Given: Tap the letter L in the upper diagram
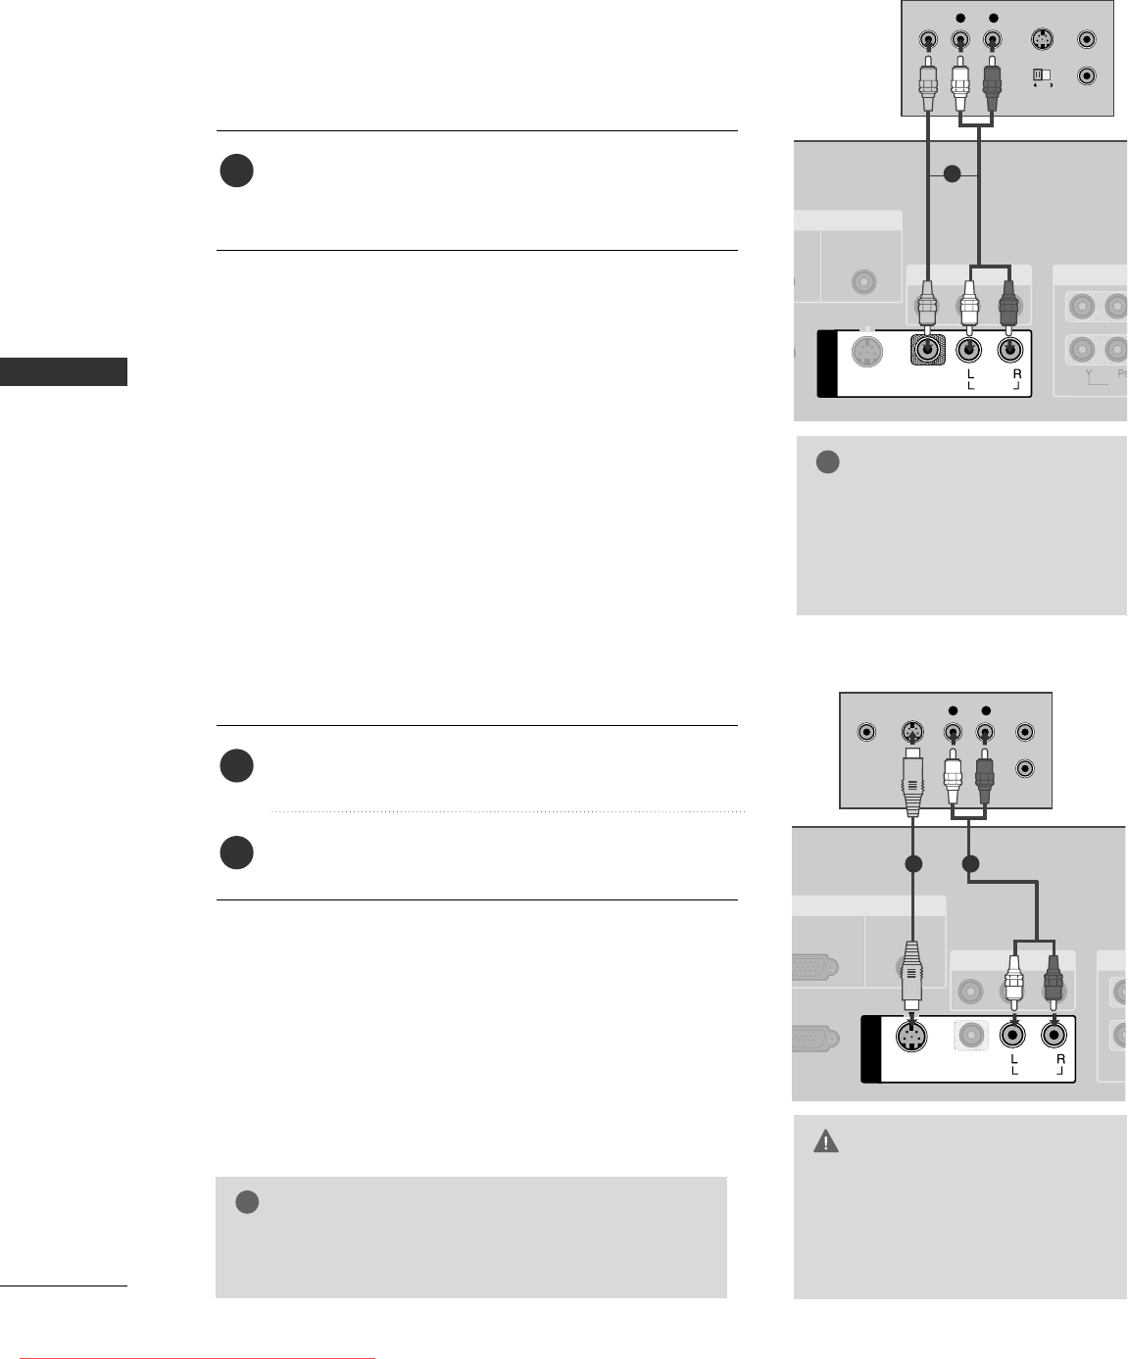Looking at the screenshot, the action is pos(968,374).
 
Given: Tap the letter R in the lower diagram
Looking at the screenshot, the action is pos(1060,1059).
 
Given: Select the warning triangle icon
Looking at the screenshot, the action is pos(826,1142).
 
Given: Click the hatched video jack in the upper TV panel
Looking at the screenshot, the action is pos(926,349).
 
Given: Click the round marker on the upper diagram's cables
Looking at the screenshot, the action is pos(950,174).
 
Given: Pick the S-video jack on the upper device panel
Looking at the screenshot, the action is pos(1042,41).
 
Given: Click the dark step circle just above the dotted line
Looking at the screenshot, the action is pos(236,765).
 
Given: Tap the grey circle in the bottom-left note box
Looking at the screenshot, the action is pos(247,1202).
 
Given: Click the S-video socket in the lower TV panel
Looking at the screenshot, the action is pos(911,1037).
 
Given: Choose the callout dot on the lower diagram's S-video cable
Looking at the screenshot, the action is pos(912,864).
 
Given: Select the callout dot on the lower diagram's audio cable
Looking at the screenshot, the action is pos(969,864).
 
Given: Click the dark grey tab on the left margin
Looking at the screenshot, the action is pos(64,372).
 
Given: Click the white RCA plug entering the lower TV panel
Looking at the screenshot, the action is pos(1012,977).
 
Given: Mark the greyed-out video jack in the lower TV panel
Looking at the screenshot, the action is pos(971,1035).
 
